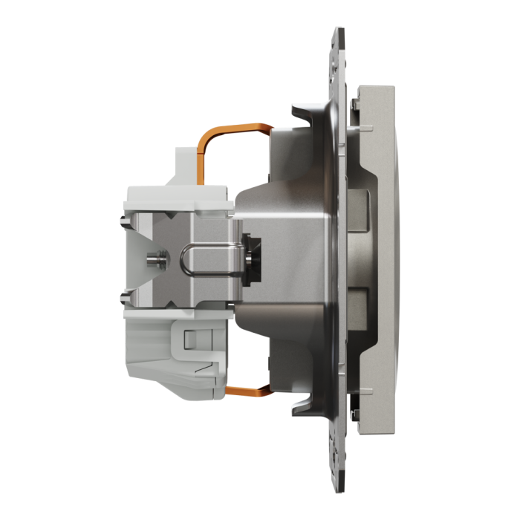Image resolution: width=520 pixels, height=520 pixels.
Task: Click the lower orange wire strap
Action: (x=246, y=390)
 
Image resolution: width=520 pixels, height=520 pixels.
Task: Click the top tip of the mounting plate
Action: (x=337, y=33)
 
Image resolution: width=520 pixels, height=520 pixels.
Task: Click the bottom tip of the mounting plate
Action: (x=337, y=487)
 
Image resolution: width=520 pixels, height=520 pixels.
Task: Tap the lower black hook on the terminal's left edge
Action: (x=121, y=301)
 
